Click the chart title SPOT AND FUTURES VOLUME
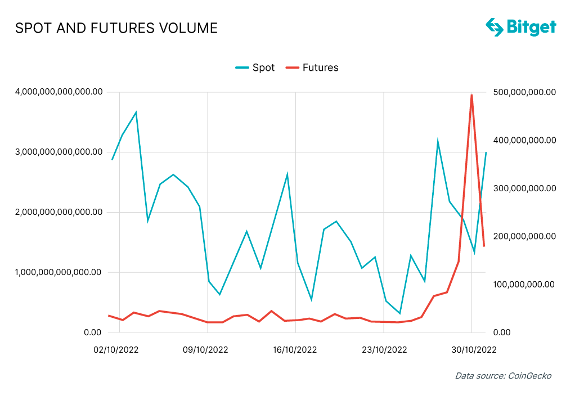pos(116,28)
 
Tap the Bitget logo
pos(520,26)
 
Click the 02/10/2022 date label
pos(116,349)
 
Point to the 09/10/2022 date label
pos(205,349)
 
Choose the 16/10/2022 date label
pos(295,349)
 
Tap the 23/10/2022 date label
pos(384,349)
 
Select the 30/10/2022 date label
pos(474,349)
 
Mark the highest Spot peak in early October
pos(136,112)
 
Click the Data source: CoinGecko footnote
pos(503,376)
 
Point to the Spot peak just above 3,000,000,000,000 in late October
pos(437,141)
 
